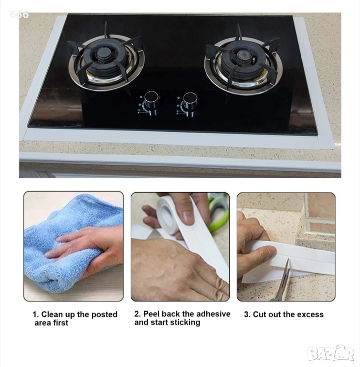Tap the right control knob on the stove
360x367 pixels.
tap(190, 101)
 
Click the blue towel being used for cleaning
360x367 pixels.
tap(70, 243)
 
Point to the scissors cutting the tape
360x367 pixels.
tap(283, 281)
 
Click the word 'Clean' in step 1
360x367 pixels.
tap(52, 314)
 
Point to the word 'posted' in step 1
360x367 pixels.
tap(105, 314)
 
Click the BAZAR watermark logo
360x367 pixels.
tap(330, 354)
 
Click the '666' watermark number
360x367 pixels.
tap(19, 14)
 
